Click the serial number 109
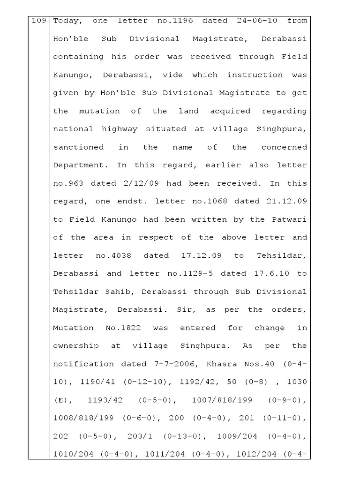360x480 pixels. (x=38, y=21)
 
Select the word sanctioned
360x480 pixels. (x=78, y=147)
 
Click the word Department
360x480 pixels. (x=78, y=165)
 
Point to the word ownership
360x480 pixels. (x=76, y=345)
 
